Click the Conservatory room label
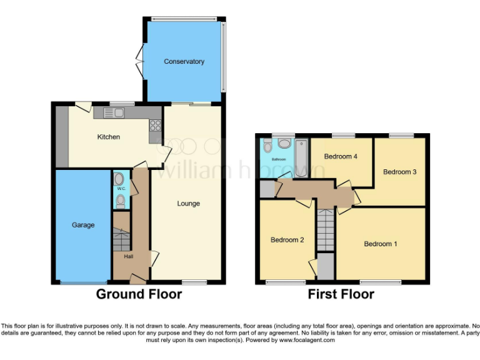(184, 62)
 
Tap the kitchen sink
(114, 112)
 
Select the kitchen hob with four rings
(155, 125)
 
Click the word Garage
(83, 225)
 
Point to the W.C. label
(120, 188)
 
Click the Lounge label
(188, 204)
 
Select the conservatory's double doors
(140, 61)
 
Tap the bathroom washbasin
(284, 143)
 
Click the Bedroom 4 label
(341, 157)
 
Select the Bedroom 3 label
(399, 172)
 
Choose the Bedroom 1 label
(381, 244)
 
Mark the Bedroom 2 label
(287, 239)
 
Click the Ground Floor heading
(139, 294)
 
